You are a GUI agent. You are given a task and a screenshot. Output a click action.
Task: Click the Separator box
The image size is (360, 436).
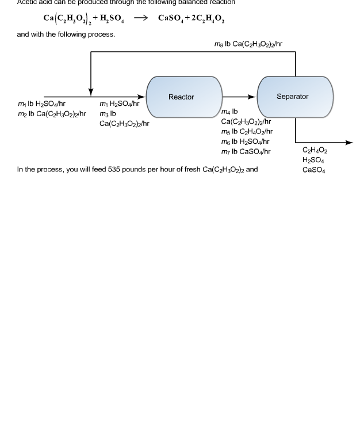[x=294, y=97]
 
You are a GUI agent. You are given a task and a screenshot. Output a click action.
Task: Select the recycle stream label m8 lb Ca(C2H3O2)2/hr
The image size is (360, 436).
[x=248, y=44]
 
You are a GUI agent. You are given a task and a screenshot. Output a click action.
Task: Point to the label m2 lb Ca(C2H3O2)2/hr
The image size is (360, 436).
[x=52, y=114]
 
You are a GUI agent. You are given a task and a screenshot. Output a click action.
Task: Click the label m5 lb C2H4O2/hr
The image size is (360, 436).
[x=247, y=132]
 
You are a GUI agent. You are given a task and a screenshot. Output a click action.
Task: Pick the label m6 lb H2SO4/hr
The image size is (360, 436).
[x=245, y=141]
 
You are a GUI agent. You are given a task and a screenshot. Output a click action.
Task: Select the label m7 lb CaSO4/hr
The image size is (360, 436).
[x=246, y=151]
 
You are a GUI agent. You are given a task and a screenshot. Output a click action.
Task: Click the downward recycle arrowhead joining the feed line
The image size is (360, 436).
[x=91, y=93]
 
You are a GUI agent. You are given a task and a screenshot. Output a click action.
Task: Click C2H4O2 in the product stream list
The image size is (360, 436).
[x=315, y=151]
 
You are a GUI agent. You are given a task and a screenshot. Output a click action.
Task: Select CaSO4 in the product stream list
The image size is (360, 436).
[x=313, y=170]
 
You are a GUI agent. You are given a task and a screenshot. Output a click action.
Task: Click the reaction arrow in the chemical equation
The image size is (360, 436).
[x=141, y=18]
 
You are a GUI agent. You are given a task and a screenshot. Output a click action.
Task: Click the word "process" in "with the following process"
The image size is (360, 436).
[x=102, y=35]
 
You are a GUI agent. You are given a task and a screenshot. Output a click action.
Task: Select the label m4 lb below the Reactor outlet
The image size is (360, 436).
[x=229, y=112]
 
